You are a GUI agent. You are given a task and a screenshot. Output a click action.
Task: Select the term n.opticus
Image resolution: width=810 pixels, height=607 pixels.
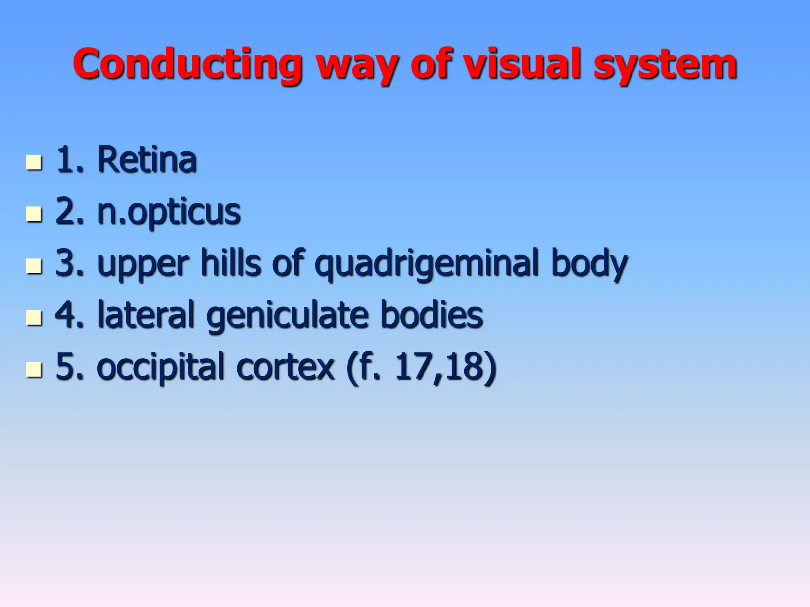pos(169,212)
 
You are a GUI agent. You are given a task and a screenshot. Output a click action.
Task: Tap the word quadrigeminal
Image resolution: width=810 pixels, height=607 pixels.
pos(427,264)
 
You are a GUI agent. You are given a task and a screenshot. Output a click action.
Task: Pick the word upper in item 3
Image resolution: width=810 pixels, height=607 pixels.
pos(143,265)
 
